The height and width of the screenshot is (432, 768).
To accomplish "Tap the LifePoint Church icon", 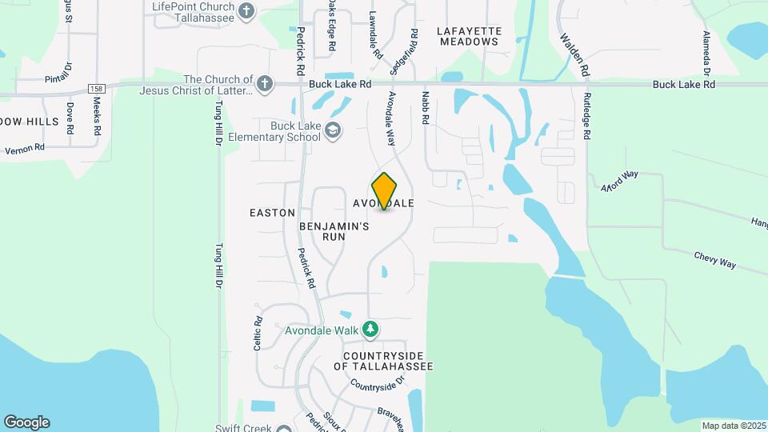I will click(x=246, y=11).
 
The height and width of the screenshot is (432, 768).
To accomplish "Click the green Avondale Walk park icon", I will click(x=370, y=329).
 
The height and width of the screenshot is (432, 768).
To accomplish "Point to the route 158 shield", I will click(x=97, y=88).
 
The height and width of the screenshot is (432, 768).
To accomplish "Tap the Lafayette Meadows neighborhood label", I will click(x=470, y=36).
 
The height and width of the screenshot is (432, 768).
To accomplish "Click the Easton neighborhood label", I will click(x=272, y=213).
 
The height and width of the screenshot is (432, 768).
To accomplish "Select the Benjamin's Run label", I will click(x=334, y=232).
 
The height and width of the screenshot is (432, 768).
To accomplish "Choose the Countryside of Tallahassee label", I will click(x=388, y=361).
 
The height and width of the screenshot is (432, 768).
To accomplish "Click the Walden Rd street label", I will click(x=574, y=54).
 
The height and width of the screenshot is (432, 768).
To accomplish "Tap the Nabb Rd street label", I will click(x=426, y=107).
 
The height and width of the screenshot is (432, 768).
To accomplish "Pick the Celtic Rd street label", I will click(x=258, y=332).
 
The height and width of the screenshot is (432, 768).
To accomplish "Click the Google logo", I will click(x=26, y=422).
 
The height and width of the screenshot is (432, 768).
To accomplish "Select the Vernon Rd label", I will click(x=25, y=149).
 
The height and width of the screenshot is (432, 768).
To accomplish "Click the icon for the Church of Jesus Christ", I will click(x=265, y=82).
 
